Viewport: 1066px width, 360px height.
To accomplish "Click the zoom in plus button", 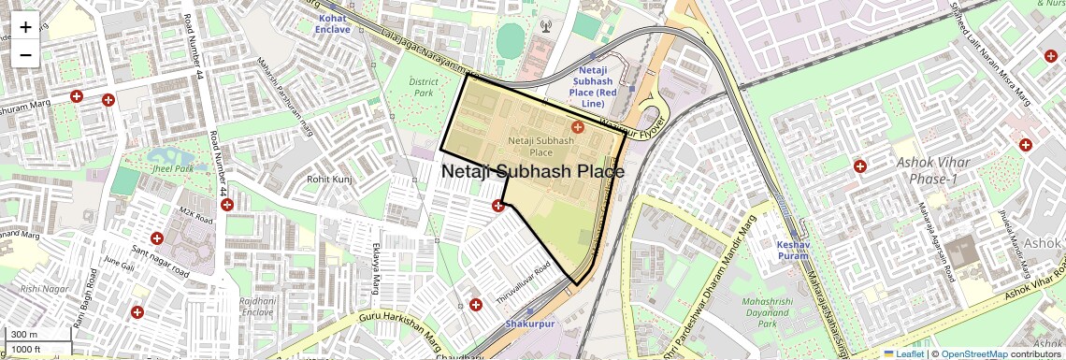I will coord(25,27).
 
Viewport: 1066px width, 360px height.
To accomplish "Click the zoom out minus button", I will coord(25,55).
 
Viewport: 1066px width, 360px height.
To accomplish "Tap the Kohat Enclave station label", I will coord(334,23).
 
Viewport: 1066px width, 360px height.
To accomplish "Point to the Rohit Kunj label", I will coord(329,179).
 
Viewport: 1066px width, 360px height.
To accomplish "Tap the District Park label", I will coord(423,88).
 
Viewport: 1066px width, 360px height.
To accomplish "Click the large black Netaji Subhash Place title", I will coord(532,172).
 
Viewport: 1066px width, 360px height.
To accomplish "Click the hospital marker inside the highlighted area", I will coord(577,126).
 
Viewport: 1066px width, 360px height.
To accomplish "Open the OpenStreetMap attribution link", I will coord(973,354).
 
